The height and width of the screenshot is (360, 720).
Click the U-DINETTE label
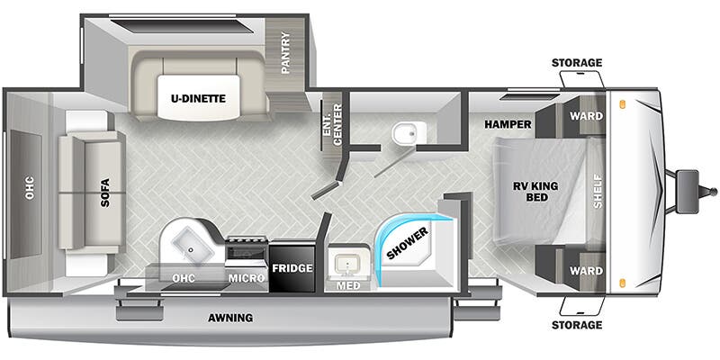(200, 99)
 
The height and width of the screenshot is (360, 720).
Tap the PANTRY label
(285, 54)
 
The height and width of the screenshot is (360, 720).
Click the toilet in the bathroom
(403, 134)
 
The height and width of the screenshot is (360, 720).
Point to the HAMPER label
(508, 123)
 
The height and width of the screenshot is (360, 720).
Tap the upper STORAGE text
(578, 63)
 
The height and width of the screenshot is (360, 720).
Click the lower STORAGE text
(578, 324)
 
